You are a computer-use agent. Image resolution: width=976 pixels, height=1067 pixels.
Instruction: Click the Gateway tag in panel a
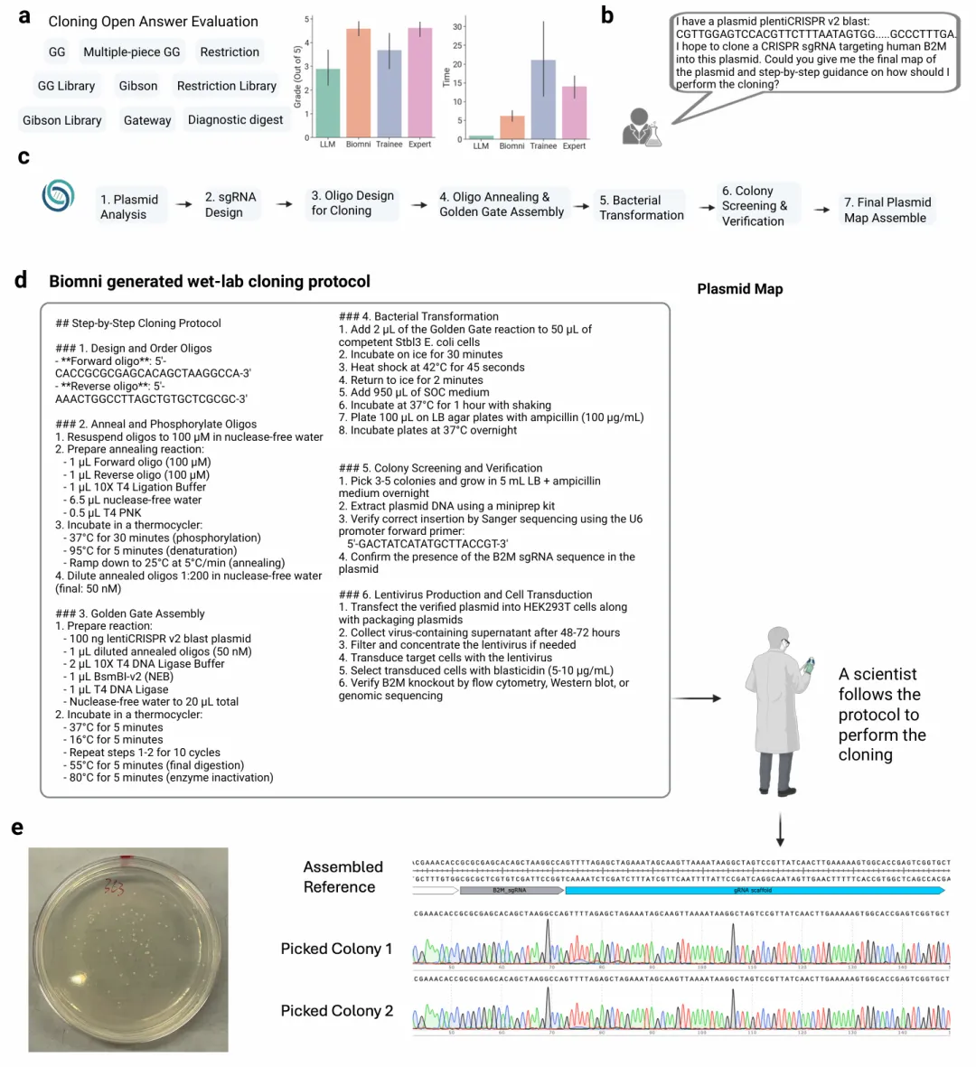[146, 120]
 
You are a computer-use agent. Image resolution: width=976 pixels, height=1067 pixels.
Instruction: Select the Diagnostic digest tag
[235, 120]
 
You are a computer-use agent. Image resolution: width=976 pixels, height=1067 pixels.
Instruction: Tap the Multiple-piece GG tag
[132, 52]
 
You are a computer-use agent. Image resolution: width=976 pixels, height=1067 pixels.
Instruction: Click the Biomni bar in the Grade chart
[359, 83]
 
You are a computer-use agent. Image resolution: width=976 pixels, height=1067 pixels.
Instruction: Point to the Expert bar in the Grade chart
[420, 83]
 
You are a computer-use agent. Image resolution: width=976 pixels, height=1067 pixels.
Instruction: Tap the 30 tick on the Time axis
[457, 27]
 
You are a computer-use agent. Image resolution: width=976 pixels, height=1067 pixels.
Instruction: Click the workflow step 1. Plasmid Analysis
[129, 207]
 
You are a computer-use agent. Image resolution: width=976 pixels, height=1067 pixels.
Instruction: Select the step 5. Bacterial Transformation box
[642, 208]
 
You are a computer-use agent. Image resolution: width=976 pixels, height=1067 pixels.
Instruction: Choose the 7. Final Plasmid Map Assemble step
[886, 210]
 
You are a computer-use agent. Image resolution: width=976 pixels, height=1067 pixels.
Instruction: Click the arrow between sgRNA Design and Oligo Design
[284, 204]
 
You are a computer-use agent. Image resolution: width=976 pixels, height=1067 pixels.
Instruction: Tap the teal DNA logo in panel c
[59, 197]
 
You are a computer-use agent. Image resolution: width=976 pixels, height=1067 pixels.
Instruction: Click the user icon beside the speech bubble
[641, 127]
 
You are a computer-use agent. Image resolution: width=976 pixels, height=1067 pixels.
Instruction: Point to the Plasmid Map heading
[739, 289]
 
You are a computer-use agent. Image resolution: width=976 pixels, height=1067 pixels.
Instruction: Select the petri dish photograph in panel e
[127, 949]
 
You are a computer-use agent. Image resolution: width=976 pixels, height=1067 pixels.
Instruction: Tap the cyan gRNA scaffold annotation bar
[754, 891]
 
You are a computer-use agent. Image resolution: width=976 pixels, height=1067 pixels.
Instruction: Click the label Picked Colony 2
[336, 1011]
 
